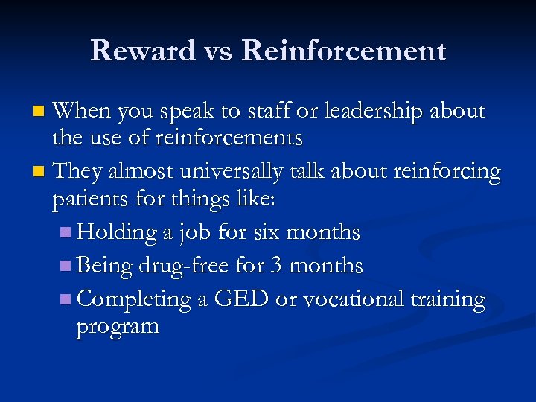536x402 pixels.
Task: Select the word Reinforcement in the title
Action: click(343, 51)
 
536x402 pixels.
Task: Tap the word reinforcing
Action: click(446, 172)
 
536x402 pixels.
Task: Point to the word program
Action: click(118, 327)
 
